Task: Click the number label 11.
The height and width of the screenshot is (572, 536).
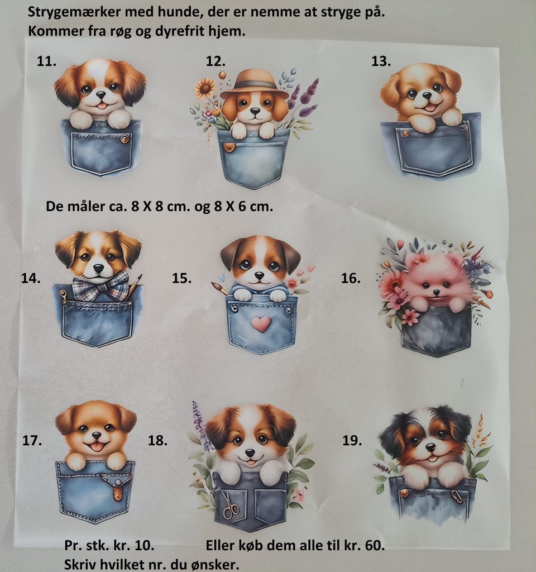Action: point(46,61)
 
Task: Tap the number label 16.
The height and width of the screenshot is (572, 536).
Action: point(351,278)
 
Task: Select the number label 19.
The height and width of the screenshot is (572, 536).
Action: point(352,441)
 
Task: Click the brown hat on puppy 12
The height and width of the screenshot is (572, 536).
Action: point(254,84)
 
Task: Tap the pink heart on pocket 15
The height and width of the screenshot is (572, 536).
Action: point(261,323)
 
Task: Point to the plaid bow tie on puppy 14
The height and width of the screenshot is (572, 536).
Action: point(100,285)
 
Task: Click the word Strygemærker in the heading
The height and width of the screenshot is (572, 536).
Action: point(74,12)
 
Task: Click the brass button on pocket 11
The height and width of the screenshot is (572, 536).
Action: point(125,139)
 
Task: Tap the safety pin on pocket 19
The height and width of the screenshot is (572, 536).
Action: point(456,496)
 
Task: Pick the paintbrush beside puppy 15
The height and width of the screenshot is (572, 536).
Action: point(220,288)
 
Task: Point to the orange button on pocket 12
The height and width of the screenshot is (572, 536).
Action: point(228,147)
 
